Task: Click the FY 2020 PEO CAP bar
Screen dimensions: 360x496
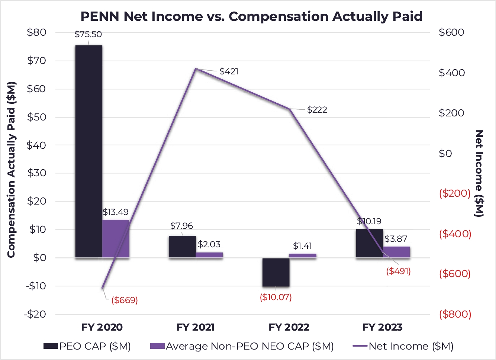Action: click(x=88, y=149)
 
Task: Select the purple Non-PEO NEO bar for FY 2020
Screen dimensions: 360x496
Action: click(x=116, y=238)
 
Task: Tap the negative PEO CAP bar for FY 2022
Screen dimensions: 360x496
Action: click(x=276, y=272)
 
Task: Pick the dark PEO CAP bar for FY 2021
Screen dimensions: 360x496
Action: click(x=182, y=247)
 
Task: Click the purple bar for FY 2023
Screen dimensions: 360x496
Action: click(x=396, y=252)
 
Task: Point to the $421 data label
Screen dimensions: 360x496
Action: click(x=229, y=71)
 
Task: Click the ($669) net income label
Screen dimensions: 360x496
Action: click(x=125, y=300)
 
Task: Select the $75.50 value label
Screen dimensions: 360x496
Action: click(x=88, y=34)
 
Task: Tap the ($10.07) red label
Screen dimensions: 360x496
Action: click(x=276, y=297)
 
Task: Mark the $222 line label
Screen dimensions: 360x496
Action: click(x=317, y=110)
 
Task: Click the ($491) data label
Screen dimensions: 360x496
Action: click(x=398, y=271)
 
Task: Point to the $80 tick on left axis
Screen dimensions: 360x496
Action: click(x=36, y=32)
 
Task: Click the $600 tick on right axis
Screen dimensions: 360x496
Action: click(x=451, y=32)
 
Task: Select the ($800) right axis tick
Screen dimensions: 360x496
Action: click(x=455, y=314)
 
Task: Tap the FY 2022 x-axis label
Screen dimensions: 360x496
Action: click(x=289, y=327)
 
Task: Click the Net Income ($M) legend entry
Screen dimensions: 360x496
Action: click(x=403, y=346)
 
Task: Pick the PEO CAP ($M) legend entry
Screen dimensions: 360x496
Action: click(x=87, y=346)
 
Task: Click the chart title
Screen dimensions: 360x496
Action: click(x=251, y=17)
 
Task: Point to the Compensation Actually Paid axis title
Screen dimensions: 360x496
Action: click(x=11, y=169)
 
